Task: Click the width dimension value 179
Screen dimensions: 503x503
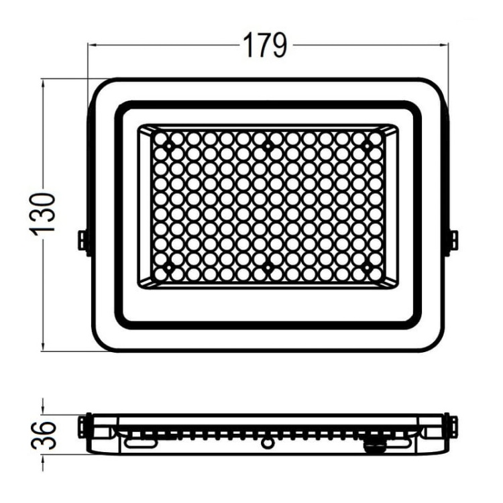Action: point(264,46)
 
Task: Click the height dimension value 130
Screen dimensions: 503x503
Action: point(43,213)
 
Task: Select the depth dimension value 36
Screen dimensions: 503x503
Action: point(43,435)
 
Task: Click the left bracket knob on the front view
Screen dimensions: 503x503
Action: point(83,241)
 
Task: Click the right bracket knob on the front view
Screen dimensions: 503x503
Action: point(453,241)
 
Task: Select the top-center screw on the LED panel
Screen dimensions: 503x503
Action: point(267,146)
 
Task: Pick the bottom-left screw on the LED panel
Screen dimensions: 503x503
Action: point(168,268)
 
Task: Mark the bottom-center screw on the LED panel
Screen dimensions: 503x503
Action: point(267,268)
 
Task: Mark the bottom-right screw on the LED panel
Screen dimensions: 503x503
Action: point(366,268)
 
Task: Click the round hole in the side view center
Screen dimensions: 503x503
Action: point(268,443)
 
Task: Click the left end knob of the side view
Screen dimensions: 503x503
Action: point(82,425)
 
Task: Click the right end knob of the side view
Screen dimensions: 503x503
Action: point(453,425)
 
